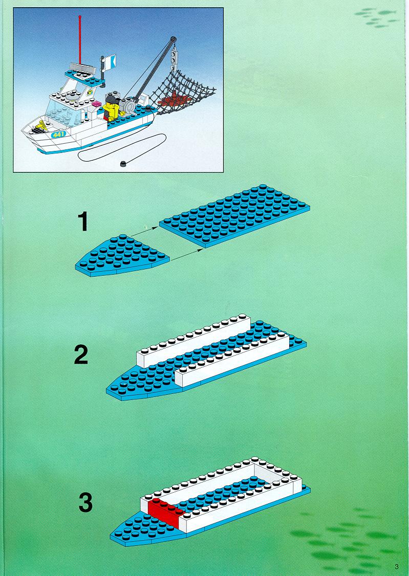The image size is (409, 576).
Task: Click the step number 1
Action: pos(83,222)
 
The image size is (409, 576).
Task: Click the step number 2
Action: pos(81,355)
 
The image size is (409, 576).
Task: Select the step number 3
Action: pos(85,502)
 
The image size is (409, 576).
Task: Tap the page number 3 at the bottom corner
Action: pos(397,566)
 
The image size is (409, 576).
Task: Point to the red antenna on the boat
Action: pos(80,39)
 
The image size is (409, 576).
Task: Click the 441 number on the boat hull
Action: pos(58,135)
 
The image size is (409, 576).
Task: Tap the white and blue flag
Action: pos(110,62)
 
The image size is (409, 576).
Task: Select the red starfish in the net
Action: pos(171,98)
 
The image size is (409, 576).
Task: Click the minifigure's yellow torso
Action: pos(111,110)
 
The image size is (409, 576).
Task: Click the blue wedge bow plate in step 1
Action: pos(122,255)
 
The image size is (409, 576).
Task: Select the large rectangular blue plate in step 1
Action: pos(234,215)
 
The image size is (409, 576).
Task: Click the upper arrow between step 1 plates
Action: pos(144,231)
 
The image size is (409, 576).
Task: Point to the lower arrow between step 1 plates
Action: pos(187,255)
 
